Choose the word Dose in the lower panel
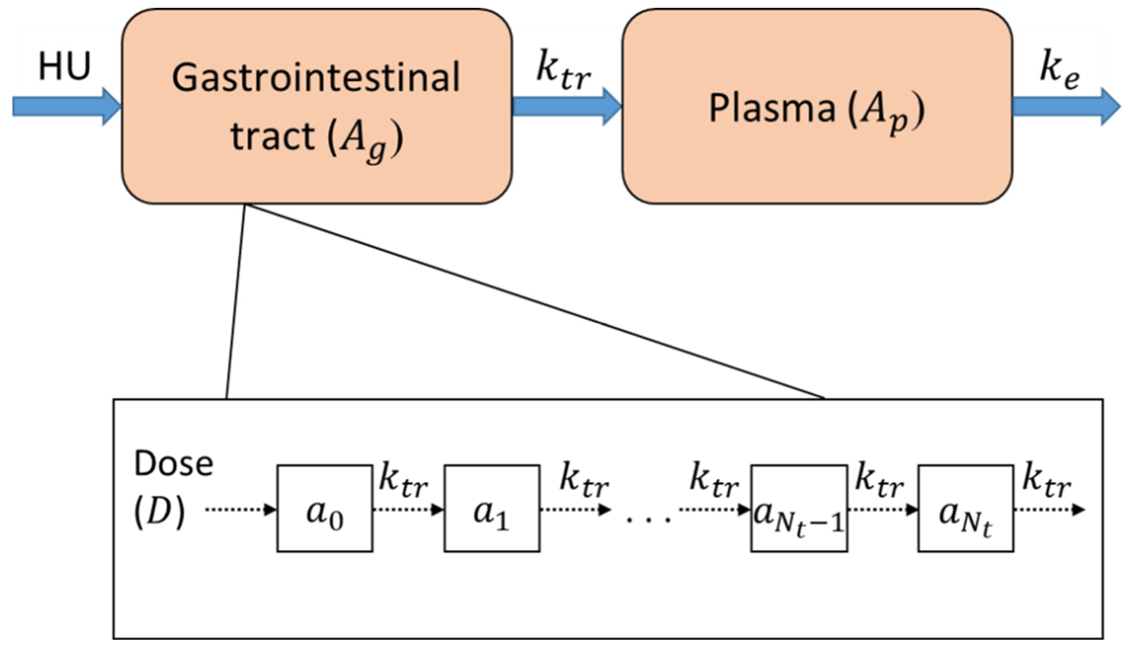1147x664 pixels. click(173, 464)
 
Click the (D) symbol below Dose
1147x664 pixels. click(159, 513)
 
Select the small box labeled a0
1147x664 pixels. click(325, 508)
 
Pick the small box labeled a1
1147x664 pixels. click(492, 508)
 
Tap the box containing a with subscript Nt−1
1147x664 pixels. click(799, 508)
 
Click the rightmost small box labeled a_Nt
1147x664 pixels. click(965, 508)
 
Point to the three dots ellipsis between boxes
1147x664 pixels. click(648, 518)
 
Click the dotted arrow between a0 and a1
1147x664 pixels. click(408, 509)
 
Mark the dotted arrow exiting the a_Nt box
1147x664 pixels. click(1049, 510)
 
